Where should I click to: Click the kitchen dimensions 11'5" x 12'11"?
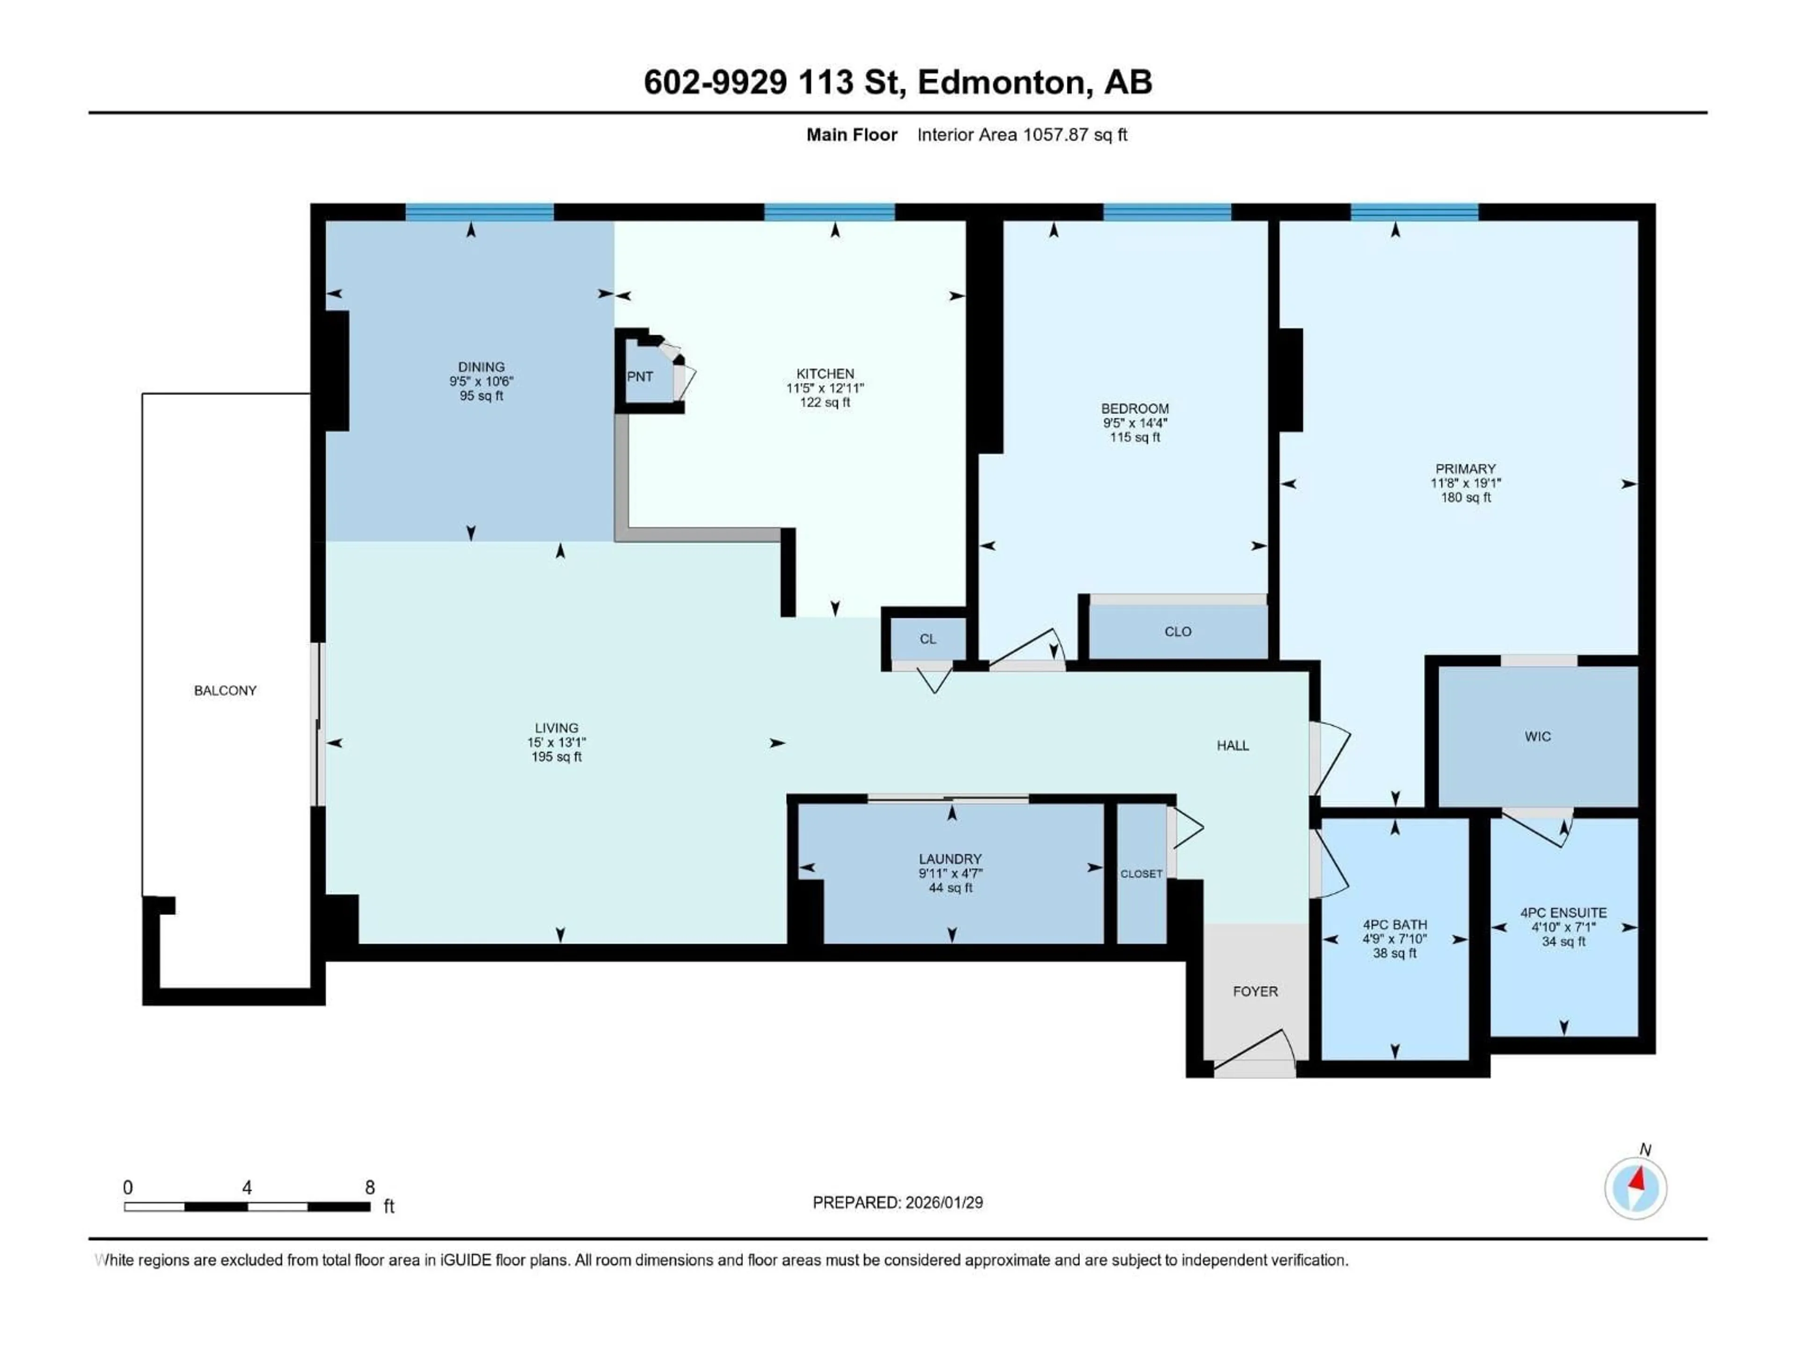pos(825,388)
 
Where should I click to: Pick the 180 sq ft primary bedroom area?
pos(1466,497)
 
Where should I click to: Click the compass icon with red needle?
pos(1636,1188)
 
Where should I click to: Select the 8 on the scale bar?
pos(370,1187)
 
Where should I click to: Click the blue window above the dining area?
pos(479,212)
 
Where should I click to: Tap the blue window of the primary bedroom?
pos(1414,212)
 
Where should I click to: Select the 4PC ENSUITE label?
pos(1563,913)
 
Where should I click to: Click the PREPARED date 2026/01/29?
pos(897,1202)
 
